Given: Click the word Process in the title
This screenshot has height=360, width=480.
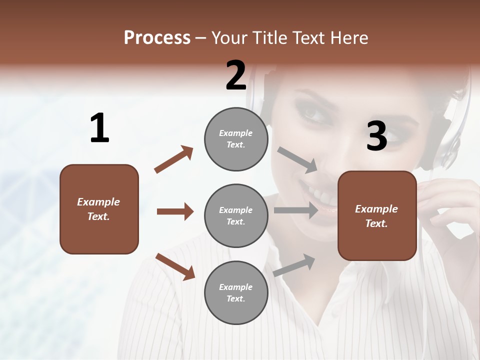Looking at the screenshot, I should [157, 38].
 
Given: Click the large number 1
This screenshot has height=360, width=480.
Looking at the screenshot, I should [99, 128].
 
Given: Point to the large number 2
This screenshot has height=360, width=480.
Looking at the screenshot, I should [236, 75].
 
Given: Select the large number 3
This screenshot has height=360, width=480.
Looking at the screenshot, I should [376, 136].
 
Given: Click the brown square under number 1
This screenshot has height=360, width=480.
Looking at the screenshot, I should [99, 209].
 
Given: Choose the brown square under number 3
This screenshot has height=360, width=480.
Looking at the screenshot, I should [377, 215].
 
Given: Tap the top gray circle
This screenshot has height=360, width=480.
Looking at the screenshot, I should [236, 139].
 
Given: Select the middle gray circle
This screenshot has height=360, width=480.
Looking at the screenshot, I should [236, 215].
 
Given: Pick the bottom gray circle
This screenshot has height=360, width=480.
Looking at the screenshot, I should [236, 292].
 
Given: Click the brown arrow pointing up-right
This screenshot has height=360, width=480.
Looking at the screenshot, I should [174, 159].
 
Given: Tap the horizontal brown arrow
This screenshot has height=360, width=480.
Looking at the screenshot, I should [175, 211].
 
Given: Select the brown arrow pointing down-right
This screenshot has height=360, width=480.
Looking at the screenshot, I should [175, 266].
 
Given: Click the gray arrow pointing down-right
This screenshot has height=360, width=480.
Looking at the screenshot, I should [298, 160].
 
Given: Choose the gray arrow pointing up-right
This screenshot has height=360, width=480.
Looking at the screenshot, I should [294, 265].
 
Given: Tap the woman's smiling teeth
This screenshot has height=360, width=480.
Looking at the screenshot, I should [320, 195].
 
